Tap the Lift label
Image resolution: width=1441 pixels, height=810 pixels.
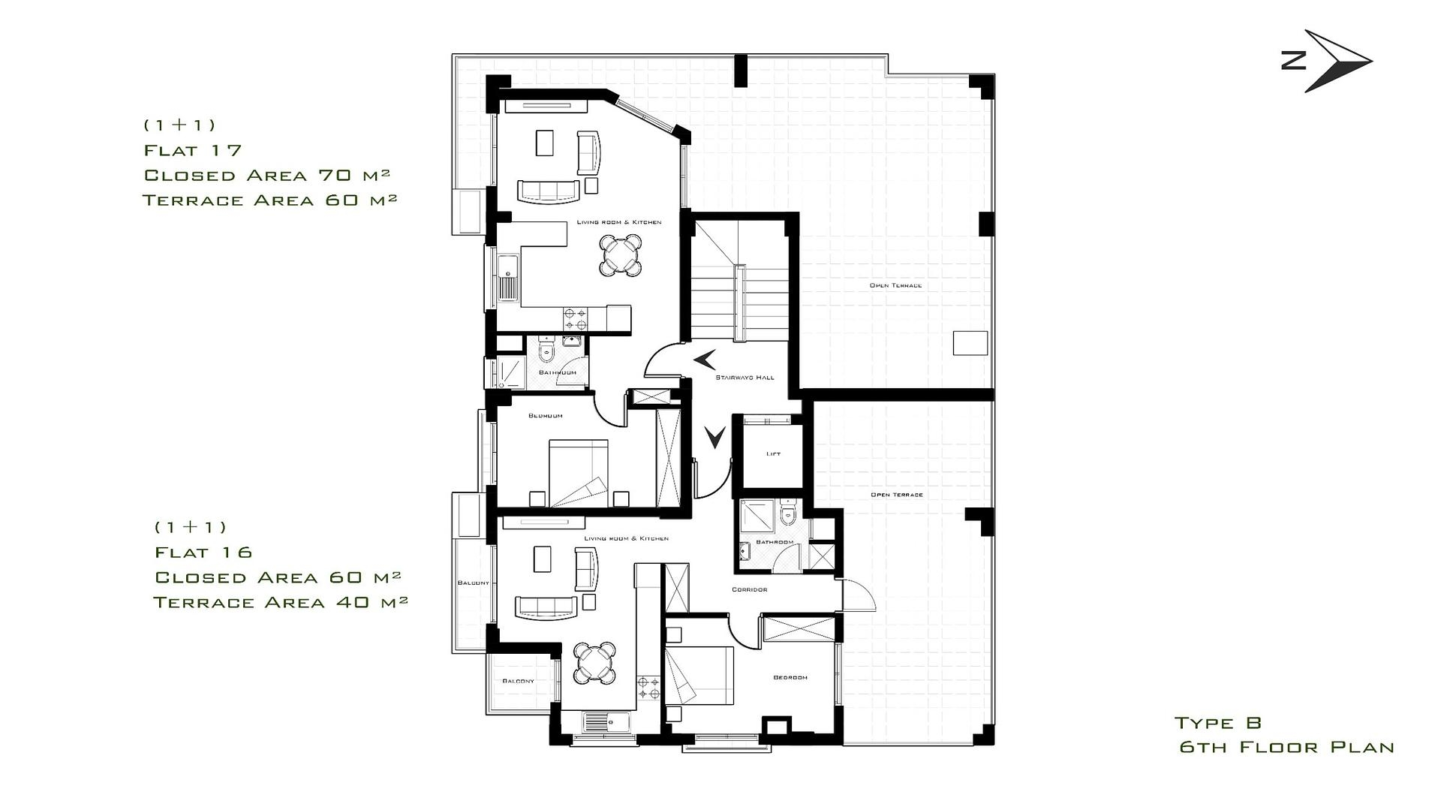773,454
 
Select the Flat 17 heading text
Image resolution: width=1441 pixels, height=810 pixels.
193,150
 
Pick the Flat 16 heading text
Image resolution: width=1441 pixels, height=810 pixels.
203,553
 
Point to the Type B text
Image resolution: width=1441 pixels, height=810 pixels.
1217,723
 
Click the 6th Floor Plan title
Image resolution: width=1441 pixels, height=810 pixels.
1286,748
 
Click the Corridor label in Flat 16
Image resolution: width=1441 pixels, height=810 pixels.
749,590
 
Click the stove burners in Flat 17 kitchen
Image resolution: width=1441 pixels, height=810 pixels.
576,318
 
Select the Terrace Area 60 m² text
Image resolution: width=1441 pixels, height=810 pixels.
269,200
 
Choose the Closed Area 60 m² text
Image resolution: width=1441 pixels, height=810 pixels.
278,577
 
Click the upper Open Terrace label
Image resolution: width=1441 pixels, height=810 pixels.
895,286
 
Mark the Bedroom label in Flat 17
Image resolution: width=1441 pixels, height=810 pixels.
545,416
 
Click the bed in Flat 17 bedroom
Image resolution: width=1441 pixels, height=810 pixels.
578,473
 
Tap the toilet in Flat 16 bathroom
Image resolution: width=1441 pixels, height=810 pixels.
787,515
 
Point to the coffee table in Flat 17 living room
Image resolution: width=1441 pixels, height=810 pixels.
544,143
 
